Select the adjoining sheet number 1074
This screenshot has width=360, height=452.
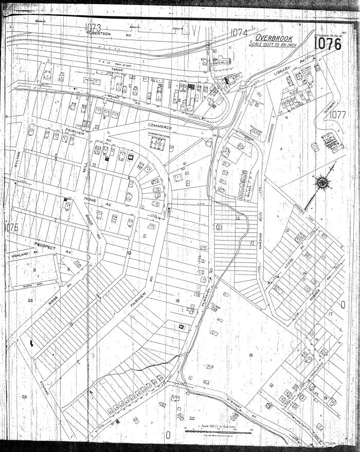239,32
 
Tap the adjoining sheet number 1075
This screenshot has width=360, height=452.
11,227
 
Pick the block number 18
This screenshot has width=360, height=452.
250,355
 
